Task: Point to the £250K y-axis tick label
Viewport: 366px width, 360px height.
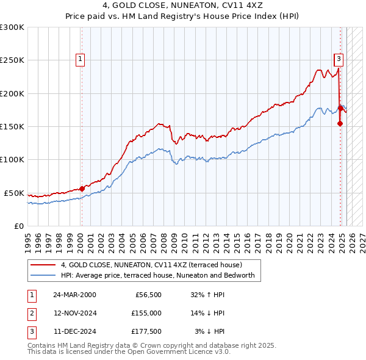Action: tap(12, 60)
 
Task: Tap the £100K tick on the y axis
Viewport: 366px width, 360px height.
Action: tap(12, 160)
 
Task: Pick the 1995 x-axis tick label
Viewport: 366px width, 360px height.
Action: tap(28, 237)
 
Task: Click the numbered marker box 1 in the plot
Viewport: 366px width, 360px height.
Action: tap(81, 59)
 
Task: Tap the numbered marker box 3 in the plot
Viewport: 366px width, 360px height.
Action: tap(338, 59)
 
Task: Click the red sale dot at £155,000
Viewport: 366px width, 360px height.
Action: tap(340, 124)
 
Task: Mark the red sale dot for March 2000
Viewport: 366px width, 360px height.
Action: tap(82, 189)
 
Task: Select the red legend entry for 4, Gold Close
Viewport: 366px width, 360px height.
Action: tap(151, 265)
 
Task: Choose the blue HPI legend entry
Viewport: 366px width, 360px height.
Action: tap(161, 275)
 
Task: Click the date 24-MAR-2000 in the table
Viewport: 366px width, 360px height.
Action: tap(74, 295)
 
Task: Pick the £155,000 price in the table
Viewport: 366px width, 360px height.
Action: tap(146, 313)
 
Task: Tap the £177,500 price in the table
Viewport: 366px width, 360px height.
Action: tap(146, 331)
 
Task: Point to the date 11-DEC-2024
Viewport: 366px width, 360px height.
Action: tap(74, 331)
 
